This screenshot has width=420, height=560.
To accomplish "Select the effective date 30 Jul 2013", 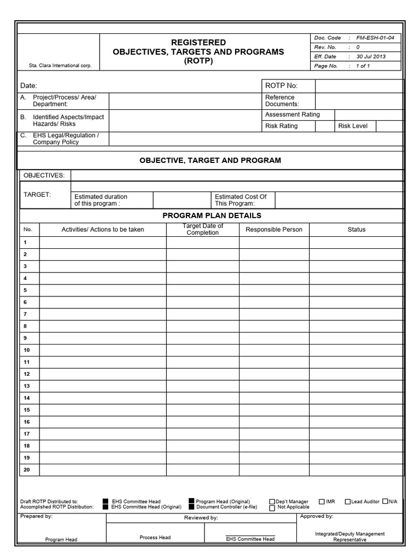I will (371, 56).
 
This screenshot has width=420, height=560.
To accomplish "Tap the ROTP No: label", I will (281, 86).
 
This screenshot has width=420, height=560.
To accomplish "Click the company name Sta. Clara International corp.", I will (60, 66).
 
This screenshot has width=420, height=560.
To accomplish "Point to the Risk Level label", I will (353, 126).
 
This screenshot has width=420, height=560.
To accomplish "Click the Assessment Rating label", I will (293, 114).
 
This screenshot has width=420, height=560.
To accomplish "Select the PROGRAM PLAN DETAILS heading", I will (212, 215).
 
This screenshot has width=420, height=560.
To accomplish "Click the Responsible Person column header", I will (273, 229).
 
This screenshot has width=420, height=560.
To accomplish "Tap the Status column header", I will (357, 229).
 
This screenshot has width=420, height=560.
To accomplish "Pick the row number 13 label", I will (26, 386).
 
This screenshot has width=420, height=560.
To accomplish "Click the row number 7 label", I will (25, 314).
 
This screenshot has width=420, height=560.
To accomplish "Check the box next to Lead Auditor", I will (348, 501).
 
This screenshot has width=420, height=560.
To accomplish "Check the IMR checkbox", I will (323, 501).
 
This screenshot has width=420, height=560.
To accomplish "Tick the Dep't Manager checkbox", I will (272, 501).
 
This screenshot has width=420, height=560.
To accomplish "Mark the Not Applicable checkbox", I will (272, 507).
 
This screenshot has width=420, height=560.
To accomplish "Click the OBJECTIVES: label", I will (43, 175).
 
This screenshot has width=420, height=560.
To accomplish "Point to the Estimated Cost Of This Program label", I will (241, 200).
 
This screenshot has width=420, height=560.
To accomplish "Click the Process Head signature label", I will (155, 538).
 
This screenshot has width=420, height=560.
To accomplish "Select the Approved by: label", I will (317, 516).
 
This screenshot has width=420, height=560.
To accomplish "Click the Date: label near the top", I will (28, 86).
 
